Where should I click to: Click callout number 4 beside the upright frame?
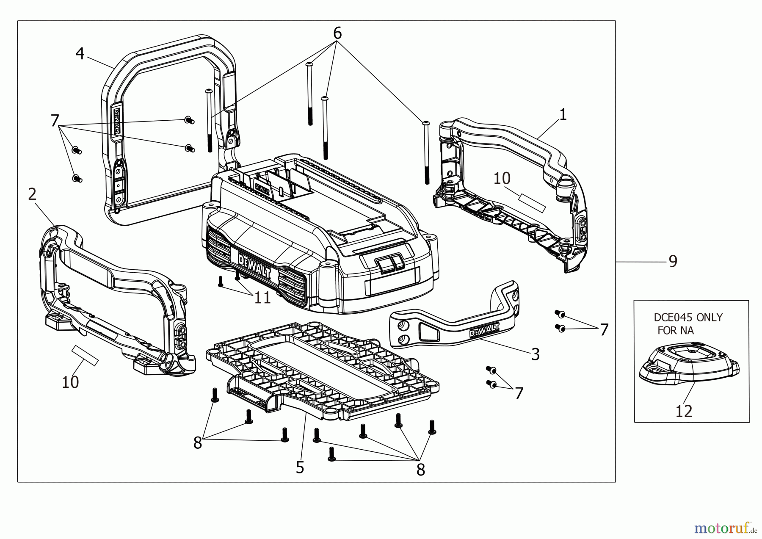pos(80,54)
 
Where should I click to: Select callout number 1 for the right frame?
pos(563,114)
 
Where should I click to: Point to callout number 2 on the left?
pos(32,194)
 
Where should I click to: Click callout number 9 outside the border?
pos(673,261)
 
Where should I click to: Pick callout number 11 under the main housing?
pos(262,298)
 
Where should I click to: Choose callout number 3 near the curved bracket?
pos(535,354)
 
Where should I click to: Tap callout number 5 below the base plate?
pos(300,467)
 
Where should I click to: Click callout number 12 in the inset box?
pos(684,411)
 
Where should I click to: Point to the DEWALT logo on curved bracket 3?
pos(484,330)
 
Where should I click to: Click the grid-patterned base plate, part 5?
pos(322,368)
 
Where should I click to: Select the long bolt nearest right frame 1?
pos(426,152)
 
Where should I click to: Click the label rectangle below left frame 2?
pos(85,355)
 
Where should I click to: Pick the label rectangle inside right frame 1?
pos(532,203)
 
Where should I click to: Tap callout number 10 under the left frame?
pos(70,382)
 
